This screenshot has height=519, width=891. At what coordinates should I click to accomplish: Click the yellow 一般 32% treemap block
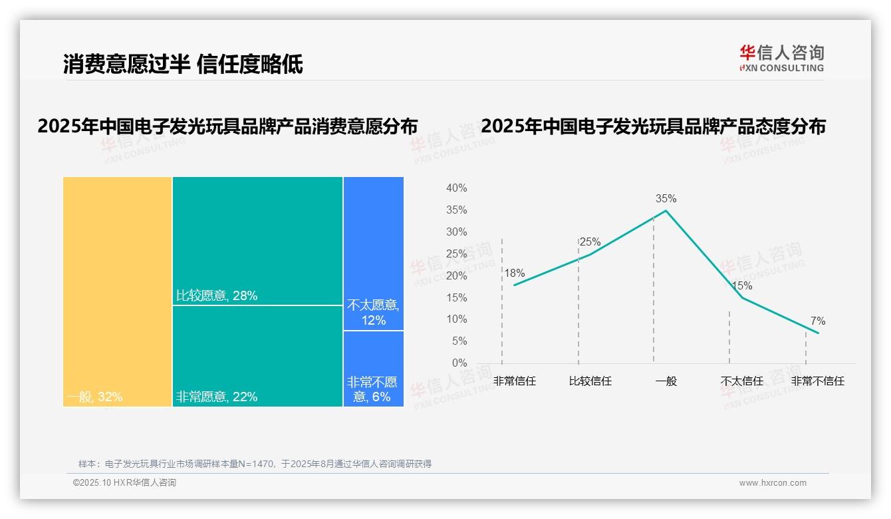[x=118, y=291]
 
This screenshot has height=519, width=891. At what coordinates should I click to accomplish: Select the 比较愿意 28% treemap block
[x=257, y=241]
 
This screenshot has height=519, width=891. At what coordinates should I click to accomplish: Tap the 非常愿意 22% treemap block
[x=257, y=356]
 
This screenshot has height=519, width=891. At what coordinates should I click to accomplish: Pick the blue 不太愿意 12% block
[x=374, y=254]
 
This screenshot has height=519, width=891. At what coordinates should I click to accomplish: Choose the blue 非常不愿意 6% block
[x=374, y=369]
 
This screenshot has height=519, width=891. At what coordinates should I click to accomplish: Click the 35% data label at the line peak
[x=666, y=198]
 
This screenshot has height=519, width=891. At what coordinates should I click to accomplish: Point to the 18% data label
[x=514, y=273]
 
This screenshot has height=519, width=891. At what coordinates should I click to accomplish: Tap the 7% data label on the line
[x=818, y=321]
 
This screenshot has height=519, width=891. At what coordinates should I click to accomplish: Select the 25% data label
[x=590, y=242]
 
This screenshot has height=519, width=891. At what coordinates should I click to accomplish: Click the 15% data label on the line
[x=741, y=286]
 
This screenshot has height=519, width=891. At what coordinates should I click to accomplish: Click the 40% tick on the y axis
[x=456, y=188]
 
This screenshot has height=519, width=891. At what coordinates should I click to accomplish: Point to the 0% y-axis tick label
[x=459, y=363]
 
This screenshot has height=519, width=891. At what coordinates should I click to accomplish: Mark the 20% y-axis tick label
[x=456, y=275]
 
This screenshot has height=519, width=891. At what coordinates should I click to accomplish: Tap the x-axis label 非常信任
[x=515, y=381]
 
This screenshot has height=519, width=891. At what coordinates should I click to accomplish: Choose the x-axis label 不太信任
[x=742, y=381]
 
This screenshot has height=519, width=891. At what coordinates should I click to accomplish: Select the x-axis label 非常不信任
[x=817, y=381]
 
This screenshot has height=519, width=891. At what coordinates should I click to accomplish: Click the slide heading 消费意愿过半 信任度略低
[x=183, y=64]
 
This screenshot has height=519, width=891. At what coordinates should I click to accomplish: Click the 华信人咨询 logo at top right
[x=781, y=58]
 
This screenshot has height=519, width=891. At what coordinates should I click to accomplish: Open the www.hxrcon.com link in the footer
[x=773, y=483]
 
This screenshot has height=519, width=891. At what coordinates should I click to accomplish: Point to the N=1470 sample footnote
[x=255, y=464]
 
